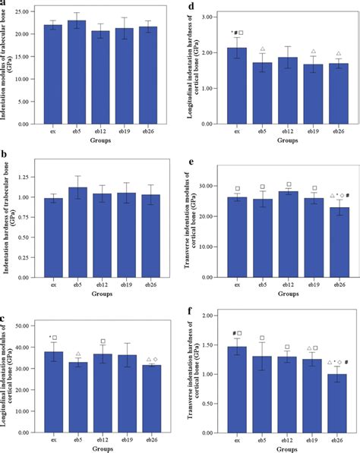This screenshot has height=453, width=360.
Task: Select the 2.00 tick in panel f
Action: [208, 326]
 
